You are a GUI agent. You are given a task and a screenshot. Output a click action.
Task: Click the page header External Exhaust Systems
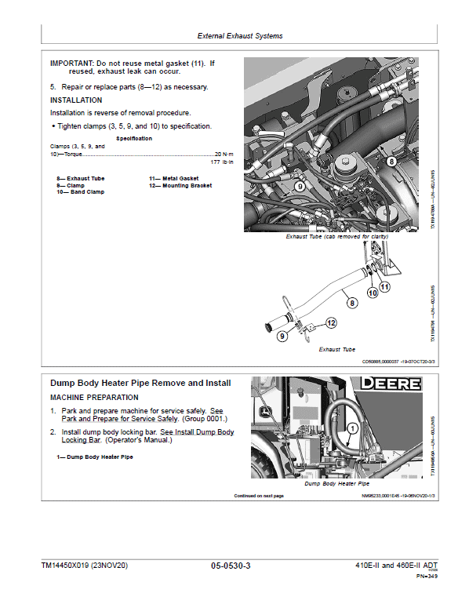[x=240, y=35]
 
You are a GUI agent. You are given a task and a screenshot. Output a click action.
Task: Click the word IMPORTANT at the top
[x=71, y=62]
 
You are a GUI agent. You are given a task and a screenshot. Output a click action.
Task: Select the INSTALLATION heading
[x=76, y=100]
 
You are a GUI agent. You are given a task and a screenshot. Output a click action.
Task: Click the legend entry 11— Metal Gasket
[x=173, y=179]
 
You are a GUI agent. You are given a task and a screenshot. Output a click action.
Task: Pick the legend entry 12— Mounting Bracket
[x=180, y=186]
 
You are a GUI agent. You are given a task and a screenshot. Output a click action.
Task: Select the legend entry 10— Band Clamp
[x=80, y=192]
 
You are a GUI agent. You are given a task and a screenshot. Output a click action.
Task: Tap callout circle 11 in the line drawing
[x=385, y=287]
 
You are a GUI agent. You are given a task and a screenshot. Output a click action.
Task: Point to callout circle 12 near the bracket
[x=331, y=322]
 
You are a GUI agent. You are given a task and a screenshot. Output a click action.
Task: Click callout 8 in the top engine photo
[x=391, y=161]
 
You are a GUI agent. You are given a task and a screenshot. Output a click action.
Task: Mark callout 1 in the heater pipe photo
[x=353, y=428]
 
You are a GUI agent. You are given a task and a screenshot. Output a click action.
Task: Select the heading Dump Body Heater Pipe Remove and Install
[x=140, y=383]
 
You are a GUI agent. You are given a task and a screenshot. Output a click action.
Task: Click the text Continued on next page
[x=259, y=496]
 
